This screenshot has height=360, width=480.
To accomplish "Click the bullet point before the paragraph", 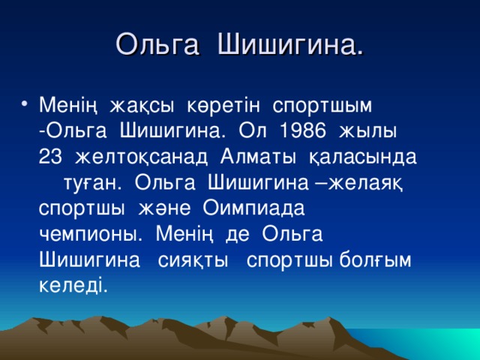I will (27, 103).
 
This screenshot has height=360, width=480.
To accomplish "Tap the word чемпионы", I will (88, 235).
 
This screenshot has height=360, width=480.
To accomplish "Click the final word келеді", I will (72, 286).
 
